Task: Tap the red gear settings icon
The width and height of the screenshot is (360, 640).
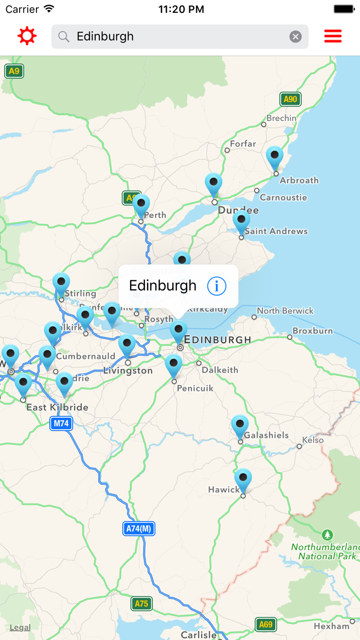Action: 27,37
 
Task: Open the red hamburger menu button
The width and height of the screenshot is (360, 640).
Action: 333,37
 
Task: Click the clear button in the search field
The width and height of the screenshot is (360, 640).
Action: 295,37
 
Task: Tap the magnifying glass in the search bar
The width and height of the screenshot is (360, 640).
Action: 64,37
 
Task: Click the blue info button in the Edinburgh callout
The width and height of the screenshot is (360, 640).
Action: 217,286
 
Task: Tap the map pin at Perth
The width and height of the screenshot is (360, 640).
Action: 141,205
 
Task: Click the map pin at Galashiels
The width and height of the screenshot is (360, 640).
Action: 240,426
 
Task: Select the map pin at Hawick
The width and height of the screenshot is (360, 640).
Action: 243,479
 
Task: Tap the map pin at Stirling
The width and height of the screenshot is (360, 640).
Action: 61,283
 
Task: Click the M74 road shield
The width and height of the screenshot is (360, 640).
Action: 61,423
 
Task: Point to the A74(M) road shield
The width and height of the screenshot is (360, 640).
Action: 139,528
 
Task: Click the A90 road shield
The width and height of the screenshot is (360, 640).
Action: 291,99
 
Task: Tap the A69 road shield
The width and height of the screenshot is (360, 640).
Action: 266,625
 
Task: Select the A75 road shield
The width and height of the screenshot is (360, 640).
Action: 141,603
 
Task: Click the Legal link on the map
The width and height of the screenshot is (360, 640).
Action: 20,627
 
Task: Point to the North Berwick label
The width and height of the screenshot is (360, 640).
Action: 285,311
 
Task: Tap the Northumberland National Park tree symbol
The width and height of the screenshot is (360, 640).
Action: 327,535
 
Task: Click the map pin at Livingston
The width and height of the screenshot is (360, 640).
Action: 127,345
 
